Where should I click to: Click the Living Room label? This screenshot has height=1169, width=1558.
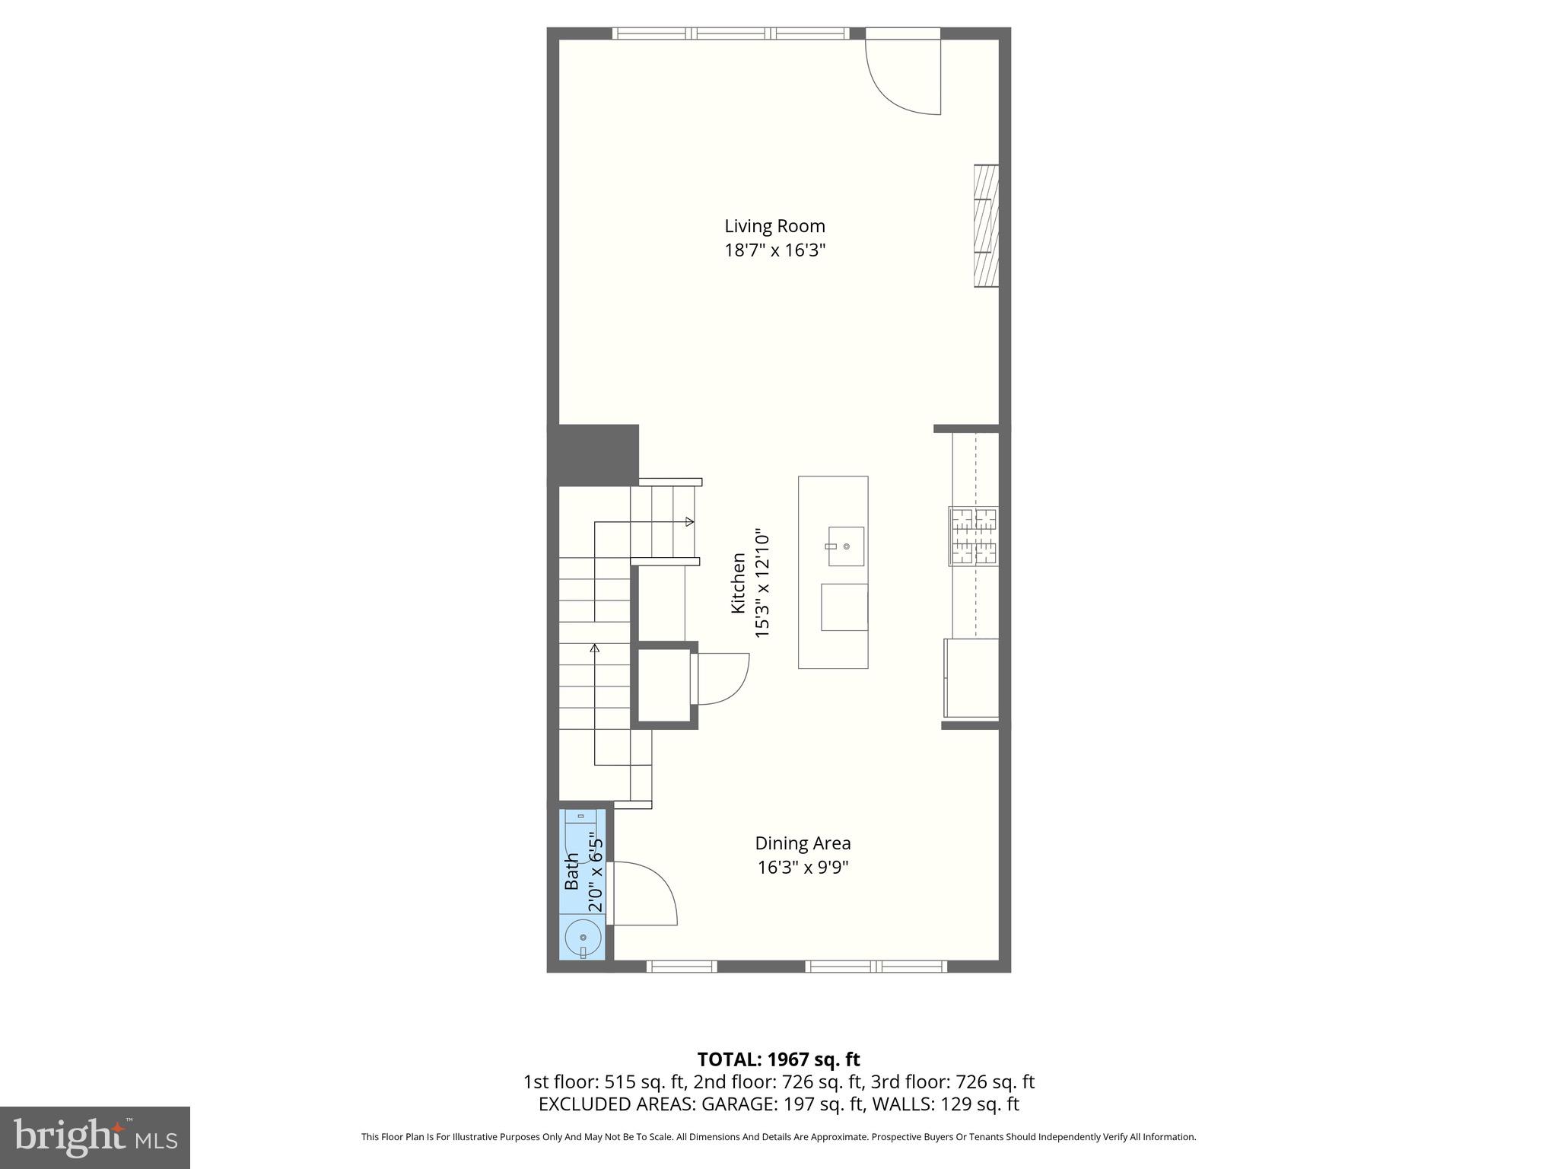[x=774, y=226]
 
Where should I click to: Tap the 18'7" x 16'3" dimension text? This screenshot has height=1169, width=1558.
[x=774, y=250]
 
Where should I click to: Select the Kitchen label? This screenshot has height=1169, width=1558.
[x=738, y=583]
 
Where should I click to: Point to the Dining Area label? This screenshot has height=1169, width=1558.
[x=803, y=843]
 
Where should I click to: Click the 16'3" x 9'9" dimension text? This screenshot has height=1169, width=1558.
[x=803, y=868]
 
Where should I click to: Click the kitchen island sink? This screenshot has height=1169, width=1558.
[x=845, y=546]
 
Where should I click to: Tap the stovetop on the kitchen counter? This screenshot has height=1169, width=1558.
[x=974, y=537]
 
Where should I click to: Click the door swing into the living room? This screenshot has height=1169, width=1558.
[x=905, y=76]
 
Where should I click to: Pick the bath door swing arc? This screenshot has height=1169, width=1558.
[x=647, y=893]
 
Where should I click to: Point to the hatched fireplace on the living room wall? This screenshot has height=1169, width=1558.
[x=986, y=226]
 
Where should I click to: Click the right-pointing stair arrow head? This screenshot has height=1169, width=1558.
[x=689, y=522]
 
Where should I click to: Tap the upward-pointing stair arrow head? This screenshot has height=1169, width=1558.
[x=595, y=648]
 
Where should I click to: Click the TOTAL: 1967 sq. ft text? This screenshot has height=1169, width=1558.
[x=778, y=1059]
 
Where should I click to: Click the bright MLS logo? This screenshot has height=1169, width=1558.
[x=94, y=1137]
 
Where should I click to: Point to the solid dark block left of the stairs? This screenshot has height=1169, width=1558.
[x=593, y=454]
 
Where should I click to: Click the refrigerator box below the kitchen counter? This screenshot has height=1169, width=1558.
[x=971, y=678]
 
